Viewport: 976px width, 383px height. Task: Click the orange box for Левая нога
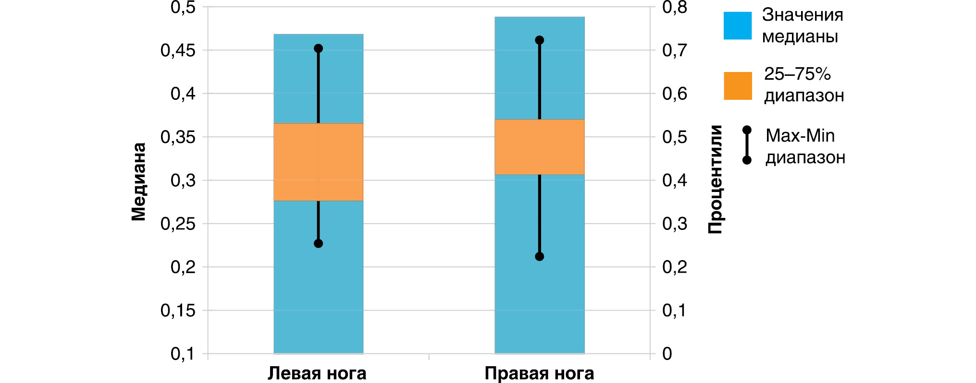(318, 162)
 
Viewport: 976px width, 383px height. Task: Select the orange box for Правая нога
(539, 147)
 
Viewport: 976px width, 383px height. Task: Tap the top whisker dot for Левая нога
(318, 48)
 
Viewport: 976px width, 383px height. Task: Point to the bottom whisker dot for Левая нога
(318, 243)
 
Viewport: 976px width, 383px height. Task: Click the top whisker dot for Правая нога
(539, 40)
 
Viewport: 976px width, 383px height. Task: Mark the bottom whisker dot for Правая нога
(539, 257)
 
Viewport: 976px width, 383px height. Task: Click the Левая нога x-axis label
(317, 373)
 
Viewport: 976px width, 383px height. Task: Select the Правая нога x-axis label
(539, 373)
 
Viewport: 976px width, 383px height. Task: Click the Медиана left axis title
(139, 181)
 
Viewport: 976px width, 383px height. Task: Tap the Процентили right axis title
(716, 179)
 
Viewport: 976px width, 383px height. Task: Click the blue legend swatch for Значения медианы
(738, 25)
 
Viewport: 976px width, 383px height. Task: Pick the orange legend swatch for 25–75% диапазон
(738, 86)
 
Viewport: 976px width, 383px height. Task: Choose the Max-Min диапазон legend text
(805, 146)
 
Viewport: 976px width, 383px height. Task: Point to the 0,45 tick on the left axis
(178, 50)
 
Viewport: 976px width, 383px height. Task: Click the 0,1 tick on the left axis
(183, 354)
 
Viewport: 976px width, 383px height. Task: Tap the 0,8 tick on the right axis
(675, 8)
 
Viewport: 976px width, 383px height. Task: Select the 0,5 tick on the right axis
(675, 137)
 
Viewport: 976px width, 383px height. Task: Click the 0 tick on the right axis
(667, 354)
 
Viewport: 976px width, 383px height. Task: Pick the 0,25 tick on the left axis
(178, 224)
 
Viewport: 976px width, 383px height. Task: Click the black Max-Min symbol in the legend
(747, 145)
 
